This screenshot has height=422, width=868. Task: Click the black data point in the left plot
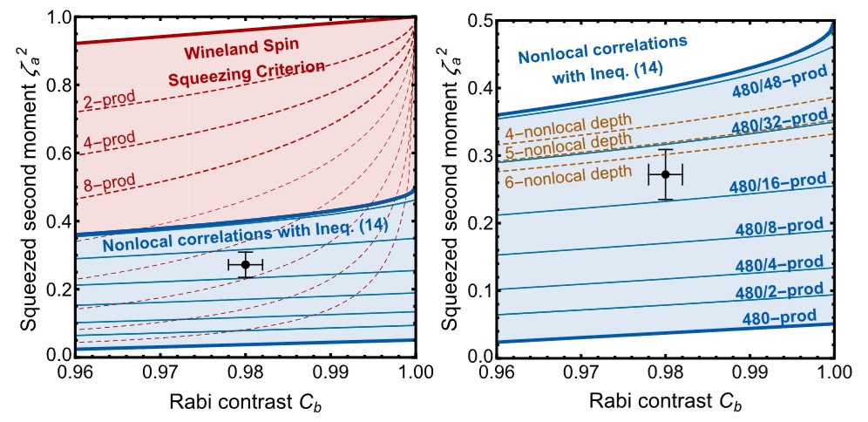(x=245, y=264)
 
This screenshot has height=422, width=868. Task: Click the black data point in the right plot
(x=666, y=174)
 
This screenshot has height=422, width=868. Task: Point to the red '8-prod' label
(x=109, y=181)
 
